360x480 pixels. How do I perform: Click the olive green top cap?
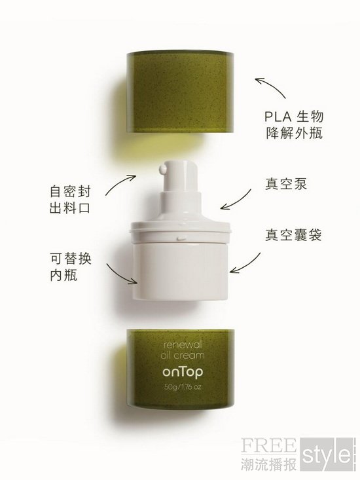pyautogui.click(x=181, y=92)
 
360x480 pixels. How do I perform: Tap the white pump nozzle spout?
pyautogui.click(x=162, y=169)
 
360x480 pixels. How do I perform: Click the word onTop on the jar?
pyautogui.click(x=183, y=372)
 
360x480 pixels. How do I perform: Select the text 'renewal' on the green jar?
pyautogui.click(x=183, y=344)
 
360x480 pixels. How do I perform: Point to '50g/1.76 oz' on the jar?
pyautogui.click(x=183, y=387)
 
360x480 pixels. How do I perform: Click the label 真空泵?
pyautogui.click(x=286, y=184)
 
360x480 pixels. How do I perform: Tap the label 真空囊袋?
pyautogui.click(x=293, y=235)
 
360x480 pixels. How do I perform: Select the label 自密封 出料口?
pyautogui.click(x=70, y=200)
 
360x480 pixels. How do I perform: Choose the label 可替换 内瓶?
pyautogui.click(x=71, y=267)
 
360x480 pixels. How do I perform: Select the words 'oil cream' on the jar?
pyautogui.click(x=183, y=356)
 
